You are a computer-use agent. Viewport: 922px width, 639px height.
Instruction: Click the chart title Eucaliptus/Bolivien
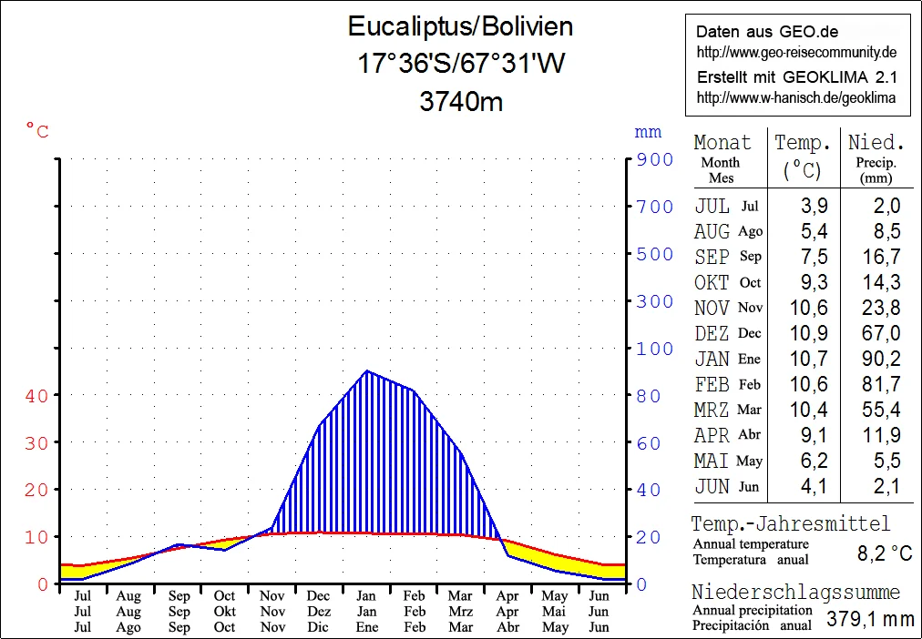click(461, 26)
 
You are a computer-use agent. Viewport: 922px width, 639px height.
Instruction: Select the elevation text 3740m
click(461, 102)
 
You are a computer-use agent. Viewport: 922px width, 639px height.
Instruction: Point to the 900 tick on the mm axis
click(654, 159)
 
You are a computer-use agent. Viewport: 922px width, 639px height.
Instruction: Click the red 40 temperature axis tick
click(36, 395)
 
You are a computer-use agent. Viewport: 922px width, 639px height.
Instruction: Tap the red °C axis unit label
click(36, 132)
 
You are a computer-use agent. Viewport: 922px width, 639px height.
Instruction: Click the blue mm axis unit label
click(648, 133)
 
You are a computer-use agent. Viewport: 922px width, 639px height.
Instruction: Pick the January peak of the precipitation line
click(366, 371)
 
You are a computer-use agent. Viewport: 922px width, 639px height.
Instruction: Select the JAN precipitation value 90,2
click(881, 359)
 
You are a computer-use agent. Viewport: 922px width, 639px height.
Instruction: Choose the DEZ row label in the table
click(712, 333)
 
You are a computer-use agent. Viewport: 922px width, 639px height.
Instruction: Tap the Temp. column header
click(803, 143)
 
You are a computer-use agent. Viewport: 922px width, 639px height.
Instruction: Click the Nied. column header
click(876, 143)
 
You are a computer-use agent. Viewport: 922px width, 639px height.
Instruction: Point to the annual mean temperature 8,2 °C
click(885, 553)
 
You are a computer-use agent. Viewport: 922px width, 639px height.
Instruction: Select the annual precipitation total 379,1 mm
click(870, 620)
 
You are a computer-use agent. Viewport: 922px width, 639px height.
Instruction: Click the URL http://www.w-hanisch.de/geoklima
click(796, 97)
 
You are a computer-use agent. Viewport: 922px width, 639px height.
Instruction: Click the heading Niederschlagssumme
click(795, 593)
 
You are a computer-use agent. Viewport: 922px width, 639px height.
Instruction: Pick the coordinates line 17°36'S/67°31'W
click(461, 65)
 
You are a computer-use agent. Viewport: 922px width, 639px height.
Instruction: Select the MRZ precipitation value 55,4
click(881, 410)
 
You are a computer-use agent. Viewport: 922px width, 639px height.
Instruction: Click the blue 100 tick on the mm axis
click(654, 349)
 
